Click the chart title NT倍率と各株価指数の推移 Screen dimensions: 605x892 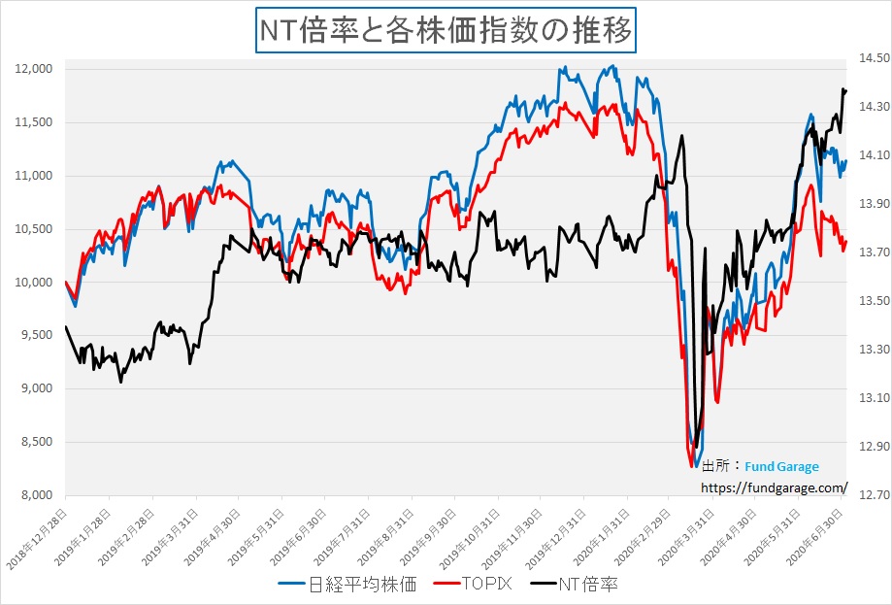pos(446,30)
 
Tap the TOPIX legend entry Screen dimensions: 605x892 pos(479,585)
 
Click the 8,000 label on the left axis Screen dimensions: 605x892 pos(36,495)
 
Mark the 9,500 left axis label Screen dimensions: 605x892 pos(36,335)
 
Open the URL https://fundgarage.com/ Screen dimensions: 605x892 pos(773,487)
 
